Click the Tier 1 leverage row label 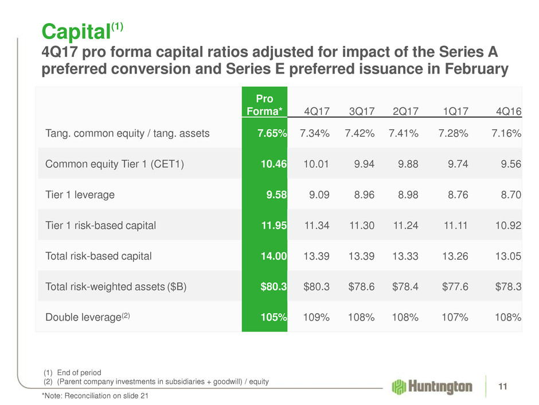(80, 195)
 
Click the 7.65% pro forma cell (271, 134)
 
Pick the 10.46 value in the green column (274, 164)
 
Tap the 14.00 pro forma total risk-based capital (274, 256)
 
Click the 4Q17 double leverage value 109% (315, 318)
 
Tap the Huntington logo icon (400, 386)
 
